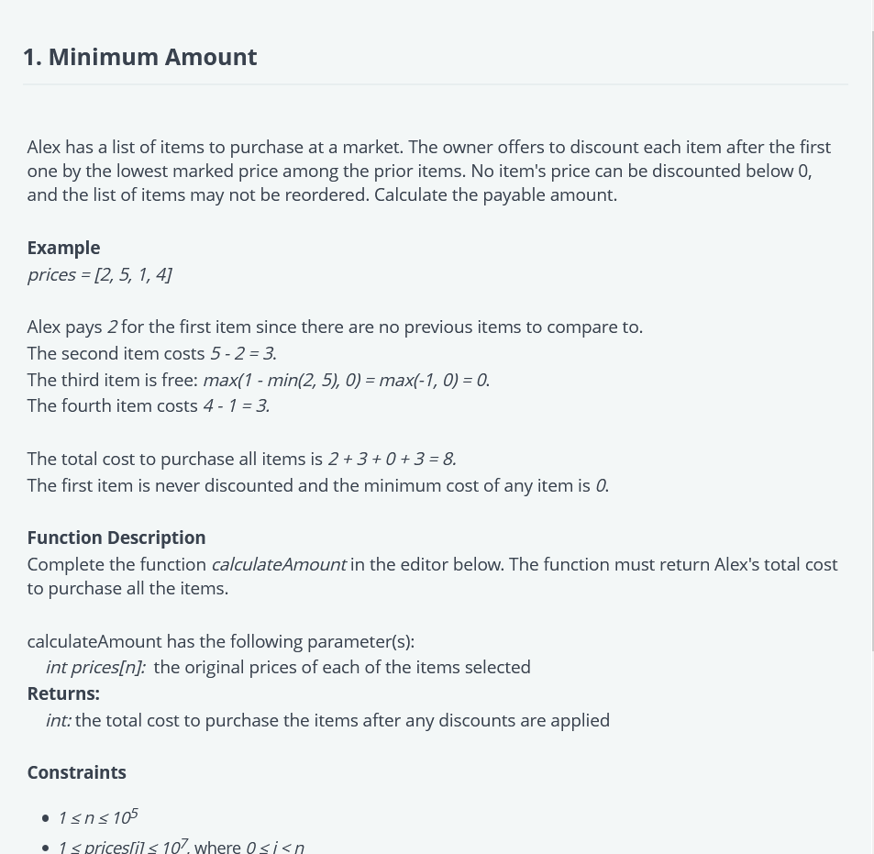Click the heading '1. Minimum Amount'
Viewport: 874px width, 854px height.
[x=139, y=57]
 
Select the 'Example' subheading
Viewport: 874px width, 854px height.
[x=63, y=248]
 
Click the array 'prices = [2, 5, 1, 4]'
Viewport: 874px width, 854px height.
[x=99, y=274]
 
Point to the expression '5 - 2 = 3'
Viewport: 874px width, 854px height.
[x=242, y=353]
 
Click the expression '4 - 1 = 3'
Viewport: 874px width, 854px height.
[x=236, y=405]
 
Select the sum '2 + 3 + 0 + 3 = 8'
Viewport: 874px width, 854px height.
[x=392, y=459]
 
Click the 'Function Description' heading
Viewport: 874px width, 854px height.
[x=116, y=538]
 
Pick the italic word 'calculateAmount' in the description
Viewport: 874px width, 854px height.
[x=278, y=564]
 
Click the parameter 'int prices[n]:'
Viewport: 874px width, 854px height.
[x=95, y=667]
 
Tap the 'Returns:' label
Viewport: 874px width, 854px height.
[x=63, y=693]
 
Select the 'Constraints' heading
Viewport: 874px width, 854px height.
[x=76, y=772]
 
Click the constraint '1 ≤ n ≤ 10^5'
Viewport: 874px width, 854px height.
[x=97, y=816]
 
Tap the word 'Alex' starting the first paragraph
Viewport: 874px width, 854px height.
[x=44, y=147]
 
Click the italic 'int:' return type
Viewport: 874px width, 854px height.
[x=59, y=720]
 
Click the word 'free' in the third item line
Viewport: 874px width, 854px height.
[x=175, y=380]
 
